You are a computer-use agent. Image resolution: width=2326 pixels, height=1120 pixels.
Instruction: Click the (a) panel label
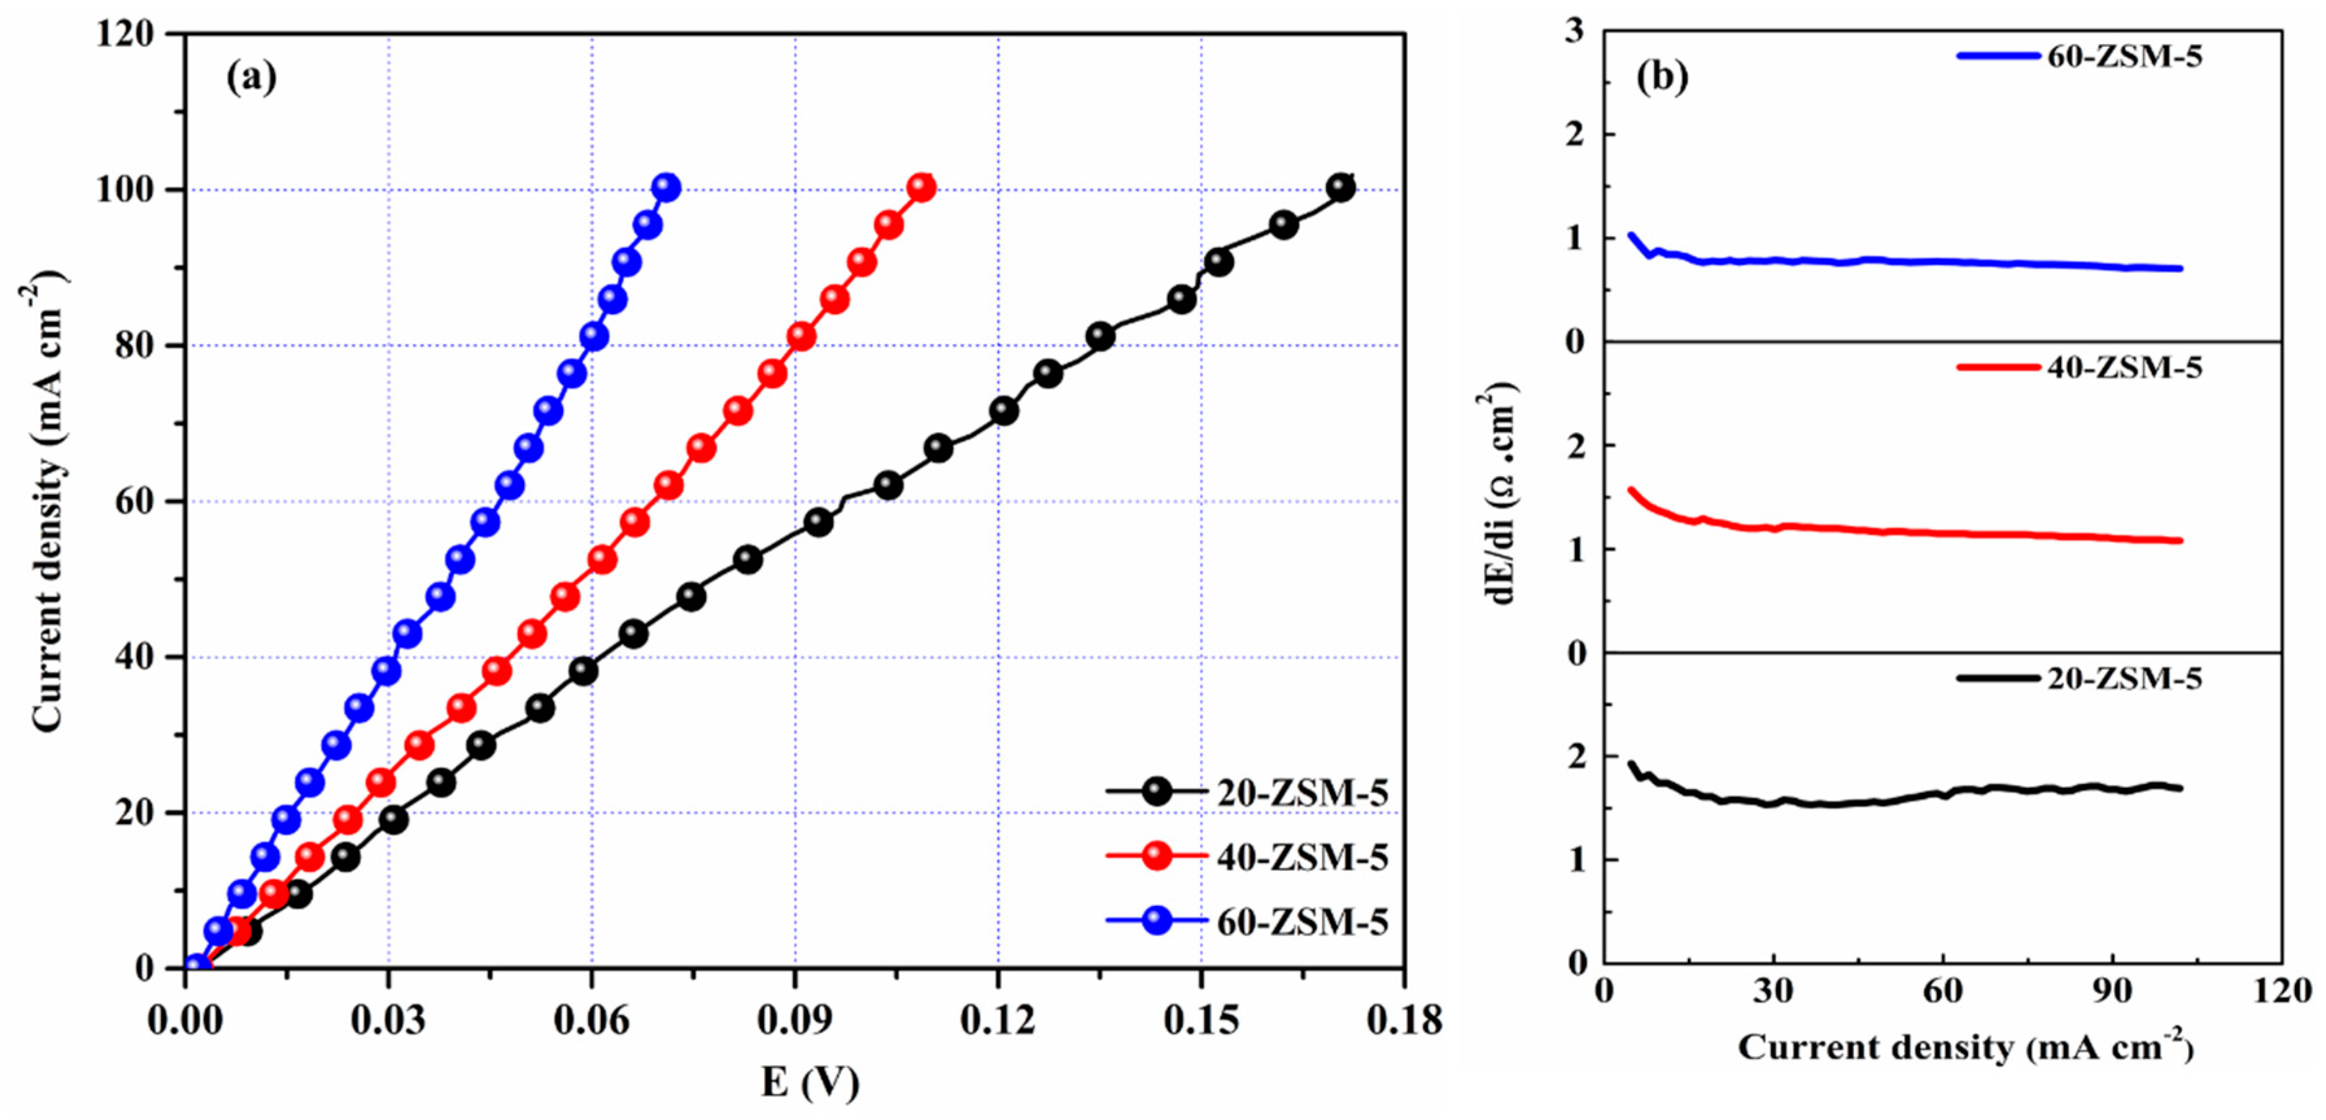click(251, 78)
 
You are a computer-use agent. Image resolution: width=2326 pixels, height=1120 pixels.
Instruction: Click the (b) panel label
click(1661, 78)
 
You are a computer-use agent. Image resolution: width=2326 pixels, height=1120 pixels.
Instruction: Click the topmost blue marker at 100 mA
click(667, 188)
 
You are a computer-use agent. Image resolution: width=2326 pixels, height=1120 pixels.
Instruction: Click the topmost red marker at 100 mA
click(922, 188)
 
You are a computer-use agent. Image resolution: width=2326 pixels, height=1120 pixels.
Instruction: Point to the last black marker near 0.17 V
click(1341, 188)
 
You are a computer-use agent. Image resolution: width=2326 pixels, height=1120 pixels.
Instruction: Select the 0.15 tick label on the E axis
click(1201, 1021)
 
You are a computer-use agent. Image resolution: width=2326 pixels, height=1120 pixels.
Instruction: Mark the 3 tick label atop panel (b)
click(1576, 32)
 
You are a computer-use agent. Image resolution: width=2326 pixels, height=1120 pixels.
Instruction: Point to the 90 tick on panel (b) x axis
click(2113, 991)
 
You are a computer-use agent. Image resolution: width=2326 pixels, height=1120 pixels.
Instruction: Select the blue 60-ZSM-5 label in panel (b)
click(2124, 56)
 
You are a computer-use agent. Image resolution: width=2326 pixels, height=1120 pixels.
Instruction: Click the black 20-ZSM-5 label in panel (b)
click(2124, 678)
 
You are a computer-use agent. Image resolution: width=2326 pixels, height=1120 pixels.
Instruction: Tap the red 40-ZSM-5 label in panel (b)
click(2124, 366)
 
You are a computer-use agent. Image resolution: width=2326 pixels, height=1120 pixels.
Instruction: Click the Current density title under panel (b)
click(1965, 1048)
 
